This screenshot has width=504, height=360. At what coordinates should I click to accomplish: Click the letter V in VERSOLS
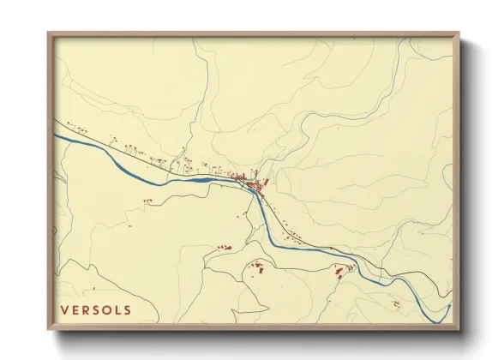point(64,309)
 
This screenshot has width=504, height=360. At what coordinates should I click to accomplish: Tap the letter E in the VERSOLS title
point(75,309)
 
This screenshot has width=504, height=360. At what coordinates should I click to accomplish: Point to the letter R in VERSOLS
point(87,309)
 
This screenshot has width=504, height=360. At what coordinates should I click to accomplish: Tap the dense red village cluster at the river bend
point(254,182)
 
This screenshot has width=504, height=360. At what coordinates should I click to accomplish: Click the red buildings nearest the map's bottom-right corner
point(395,303)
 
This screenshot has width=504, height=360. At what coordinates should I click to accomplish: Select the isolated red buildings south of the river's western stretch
point(147,201)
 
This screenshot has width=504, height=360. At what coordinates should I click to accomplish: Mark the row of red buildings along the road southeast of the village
point(296,233)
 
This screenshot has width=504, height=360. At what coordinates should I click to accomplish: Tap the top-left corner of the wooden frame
point(49,33)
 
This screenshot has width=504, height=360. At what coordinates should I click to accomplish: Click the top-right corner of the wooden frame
point(459,33)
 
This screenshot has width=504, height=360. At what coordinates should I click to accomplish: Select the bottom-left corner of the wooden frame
point(49,330)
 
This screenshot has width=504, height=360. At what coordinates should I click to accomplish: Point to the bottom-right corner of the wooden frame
point(459,330)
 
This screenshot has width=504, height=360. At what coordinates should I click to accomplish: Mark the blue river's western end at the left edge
point(57,134)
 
